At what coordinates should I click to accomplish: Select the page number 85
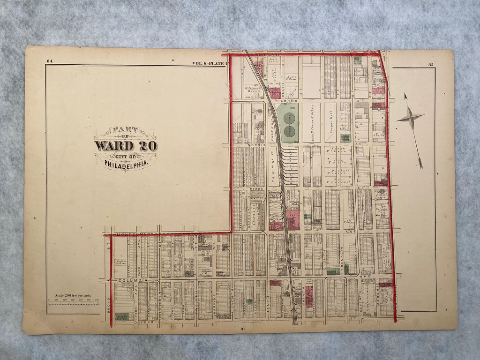pos(431,64)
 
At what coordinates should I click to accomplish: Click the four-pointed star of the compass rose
pos(410,118)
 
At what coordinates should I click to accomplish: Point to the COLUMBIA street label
pos(133,280)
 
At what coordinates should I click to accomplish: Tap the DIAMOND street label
pos(289,101)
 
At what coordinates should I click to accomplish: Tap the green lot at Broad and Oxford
pos(121,316)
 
